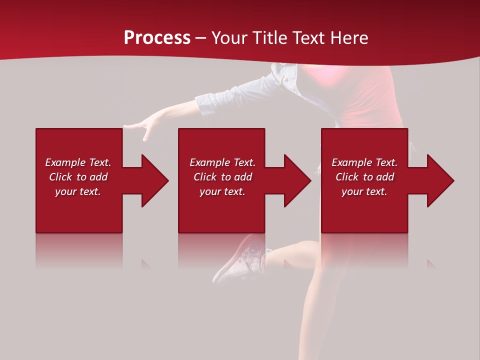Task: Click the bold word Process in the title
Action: tap(157, 38)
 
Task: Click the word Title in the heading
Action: tap(271, 38)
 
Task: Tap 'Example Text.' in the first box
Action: tap(78, 162)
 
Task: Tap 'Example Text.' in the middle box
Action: tap(222, 162)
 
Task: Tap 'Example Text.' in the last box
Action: tap(364, 162)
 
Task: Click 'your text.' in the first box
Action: tap(78, 191)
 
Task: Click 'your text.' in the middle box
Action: tap(222, 191)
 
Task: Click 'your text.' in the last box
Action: tap(364, 191)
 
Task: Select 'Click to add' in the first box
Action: tap(78, 177)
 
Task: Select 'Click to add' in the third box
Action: tap(364, 177)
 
